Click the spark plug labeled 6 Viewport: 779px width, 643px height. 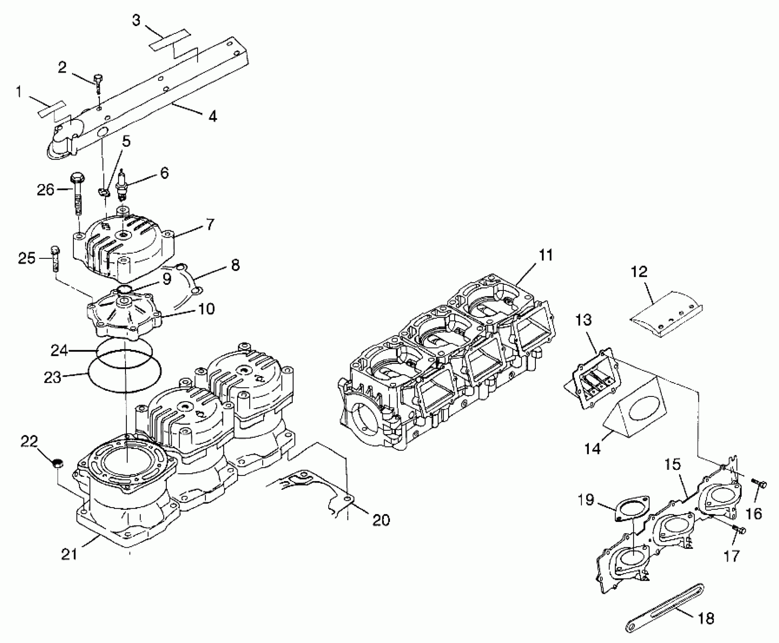point(122,187)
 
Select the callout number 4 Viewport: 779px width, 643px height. point(213,116)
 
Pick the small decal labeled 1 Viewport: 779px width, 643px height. point(51,109)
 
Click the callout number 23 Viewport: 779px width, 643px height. point(53,378)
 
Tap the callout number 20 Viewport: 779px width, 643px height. point(381,520)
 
